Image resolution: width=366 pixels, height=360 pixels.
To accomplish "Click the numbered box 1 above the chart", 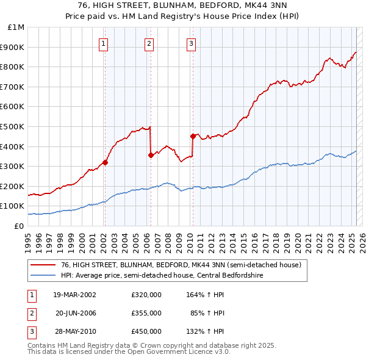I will pos(104,43).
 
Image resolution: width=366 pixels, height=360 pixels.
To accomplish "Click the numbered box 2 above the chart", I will pos(149,43).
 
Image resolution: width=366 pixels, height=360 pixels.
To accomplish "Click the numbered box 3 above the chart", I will pos(192,43).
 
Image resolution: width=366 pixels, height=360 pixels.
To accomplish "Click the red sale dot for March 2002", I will pos(105,162).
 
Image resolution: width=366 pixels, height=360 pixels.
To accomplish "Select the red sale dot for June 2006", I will pos(151,156).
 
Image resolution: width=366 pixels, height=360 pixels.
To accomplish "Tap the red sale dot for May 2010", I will pos(193,136).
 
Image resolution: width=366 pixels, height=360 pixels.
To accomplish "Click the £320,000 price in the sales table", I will pos(146,295).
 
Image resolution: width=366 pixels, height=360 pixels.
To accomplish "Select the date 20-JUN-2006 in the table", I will pos(77,313).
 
